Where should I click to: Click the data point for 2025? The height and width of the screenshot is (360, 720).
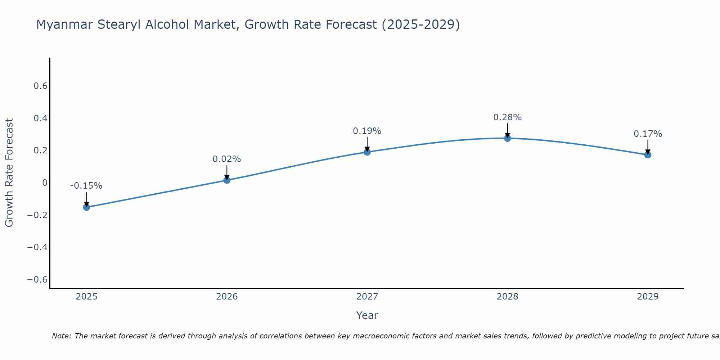(x=86, y=207)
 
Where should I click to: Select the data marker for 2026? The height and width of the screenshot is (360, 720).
(x=227, y=180)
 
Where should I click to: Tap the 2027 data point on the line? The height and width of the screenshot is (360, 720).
(x=367, y=152)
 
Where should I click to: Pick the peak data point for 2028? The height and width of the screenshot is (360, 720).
(x=508, y=138)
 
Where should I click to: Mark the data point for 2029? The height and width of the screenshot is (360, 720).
(x=648, y=155)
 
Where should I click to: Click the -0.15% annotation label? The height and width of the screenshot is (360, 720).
(x=86, y=186)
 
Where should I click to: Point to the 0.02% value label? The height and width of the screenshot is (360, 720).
(x=226, y=159)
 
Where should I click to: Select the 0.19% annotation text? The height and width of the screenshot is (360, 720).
(x=367, y=131)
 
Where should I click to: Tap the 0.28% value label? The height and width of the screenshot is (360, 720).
(x=507, y=117)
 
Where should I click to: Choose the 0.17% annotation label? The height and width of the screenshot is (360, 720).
(x=648, y=134)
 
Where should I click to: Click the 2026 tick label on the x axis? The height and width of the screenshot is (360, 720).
(x=227, y=297)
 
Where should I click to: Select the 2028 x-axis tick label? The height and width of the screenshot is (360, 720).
(x=507, y=297)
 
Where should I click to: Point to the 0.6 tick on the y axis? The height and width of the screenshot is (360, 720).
(x=40, y=86)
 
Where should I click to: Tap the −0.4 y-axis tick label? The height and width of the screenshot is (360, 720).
(x=37, y=247)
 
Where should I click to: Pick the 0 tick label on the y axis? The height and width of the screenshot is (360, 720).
(x=45, y=183)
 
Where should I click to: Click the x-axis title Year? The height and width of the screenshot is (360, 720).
(x=367, y=315)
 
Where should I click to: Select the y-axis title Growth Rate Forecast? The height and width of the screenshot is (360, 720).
(x=9, y=173)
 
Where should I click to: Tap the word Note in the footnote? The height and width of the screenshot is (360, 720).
(x=62, y=336)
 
